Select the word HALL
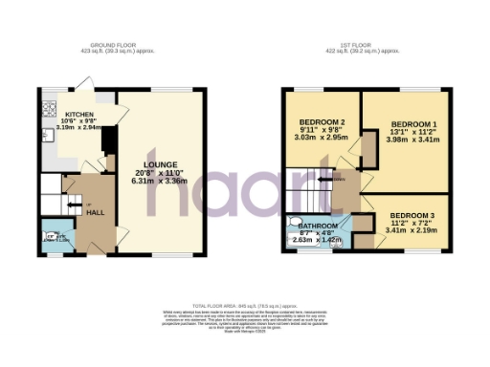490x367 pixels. coord(95,212)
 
